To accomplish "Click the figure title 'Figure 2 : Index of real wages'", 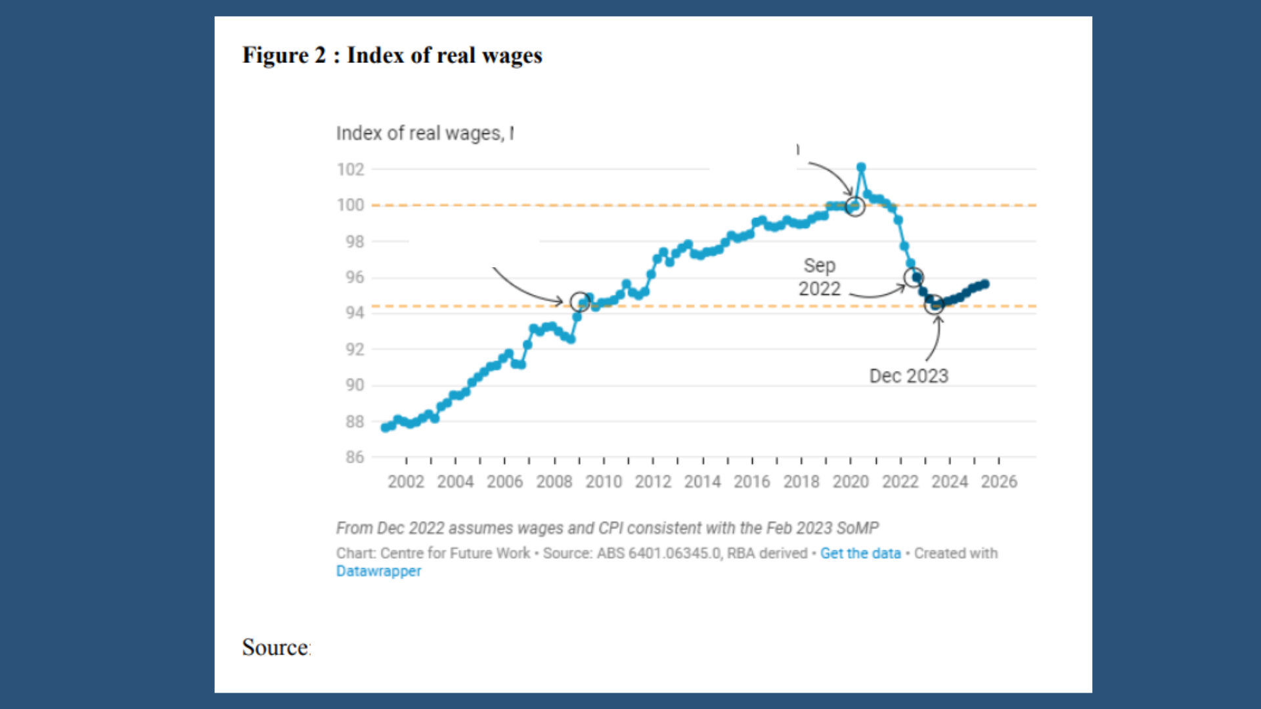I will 392,55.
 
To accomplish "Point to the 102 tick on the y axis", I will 350,169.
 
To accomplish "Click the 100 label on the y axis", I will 350,205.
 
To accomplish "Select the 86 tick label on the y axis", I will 355,457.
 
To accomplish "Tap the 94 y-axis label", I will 355,312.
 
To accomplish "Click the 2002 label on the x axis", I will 406,482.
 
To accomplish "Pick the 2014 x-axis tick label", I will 702,482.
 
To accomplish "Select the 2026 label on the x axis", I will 998,482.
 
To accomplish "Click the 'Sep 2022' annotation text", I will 819,277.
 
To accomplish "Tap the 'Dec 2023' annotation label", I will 908,376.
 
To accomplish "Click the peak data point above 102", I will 861,167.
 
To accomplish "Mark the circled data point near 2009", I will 579,302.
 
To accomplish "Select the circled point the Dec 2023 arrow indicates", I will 934,305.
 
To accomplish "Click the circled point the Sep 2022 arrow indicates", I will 914,277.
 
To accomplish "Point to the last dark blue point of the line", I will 985,284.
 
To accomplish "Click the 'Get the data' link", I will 860,553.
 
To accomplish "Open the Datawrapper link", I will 378,571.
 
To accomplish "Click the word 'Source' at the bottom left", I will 275,647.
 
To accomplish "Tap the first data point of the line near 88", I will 385,428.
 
